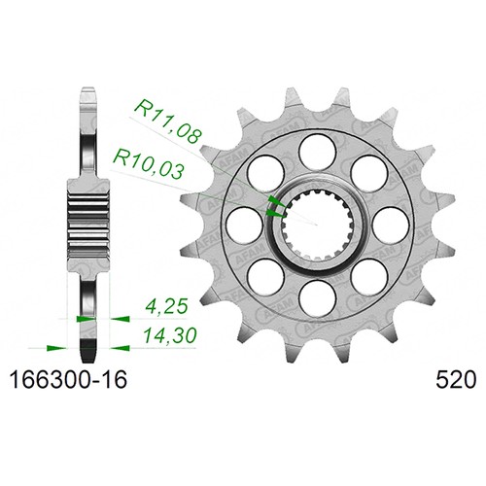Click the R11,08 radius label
click(167, 121)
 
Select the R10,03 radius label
click(149, 163)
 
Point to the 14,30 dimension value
click(170, 335)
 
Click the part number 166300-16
click(68, 380)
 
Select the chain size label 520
click(456, 380)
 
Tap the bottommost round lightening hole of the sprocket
click(317, 297)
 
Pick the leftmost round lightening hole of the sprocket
click(244, 225)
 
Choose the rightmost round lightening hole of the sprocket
click(391, 225)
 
